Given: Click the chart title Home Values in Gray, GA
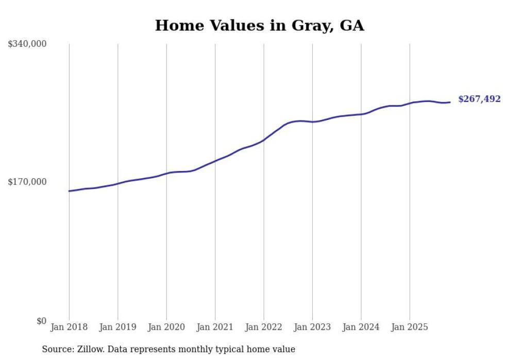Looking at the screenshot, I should click(x=259, y=25).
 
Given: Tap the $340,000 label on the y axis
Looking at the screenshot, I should click(x=27, y=44).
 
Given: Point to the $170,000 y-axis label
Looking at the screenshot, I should click(x=27, y=182).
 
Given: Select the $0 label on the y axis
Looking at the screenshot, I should click(x=41, y=321).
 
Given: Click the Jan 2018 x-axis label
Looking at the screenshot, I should click(x=69, y=327).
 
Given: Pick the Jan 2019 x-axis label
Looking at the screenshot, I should click(x=117, y=327).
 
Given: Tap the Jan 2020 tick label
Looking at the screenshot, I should click(x=166, y=327).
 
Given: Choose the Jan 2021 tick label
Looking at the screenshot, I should click(x=215, y=327).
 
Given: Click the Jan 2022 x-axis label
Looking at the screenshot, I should click(x=264, y=327).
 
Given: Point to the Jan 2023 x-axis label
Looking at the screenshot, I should click(x=312, y=327).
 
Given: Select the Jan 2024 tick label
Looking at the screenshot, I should click(x=361, y=327).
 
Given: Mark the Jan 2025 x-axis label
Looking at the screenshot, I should click(x=410, y=327).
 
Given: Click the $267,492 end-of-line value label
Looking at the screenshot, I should click(x=479, y=99).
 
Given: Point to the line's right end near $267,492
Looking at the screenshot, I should click(x=450, y=102).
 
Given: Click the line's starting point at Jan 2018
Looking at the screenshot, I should click(x=69, y=191).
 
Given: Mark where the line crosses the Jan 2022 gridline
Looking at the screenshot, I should click(x=264, y=140).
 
